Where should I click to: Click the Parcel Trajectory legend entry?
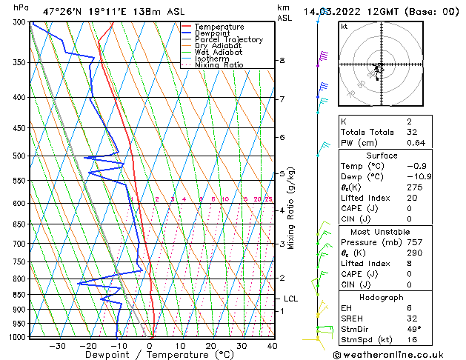pos(228,39)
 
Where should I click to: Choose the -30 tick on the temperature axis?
pos(57,345)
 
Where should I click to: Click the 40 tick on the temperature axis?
pos(272,345)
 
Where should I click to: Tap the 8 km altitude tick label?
pos(282,60)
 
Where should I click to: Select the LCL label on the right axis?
pos(290,299)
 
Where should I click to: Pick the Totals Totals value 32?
pos(413,132)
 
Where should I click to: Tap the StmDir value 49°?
pos(414,329)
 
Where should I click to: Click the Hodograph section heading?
pos(382,297)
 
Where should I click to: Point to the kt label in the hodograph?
pos(344,26)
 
